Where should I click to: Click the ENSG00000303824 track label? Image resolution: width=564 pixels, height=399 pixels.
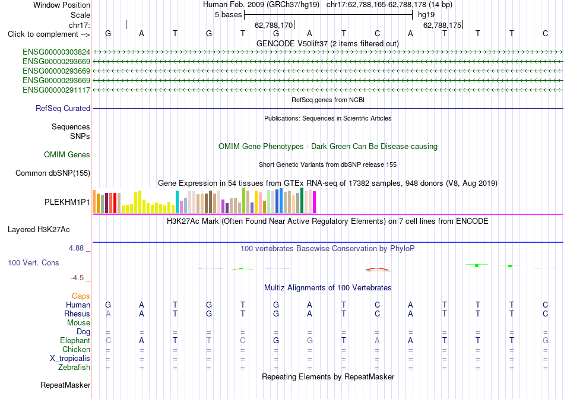click(x=56, y=52)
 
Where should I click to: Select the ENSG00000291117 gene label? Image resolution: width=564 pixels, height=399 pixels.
click(x=56, y=90)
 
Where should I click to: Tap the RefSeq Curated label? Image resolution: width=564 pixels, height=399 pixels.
click(x=63, y=108)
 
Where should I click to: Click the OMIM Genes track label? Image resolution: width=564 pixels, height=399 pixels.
click(x=67, y=155)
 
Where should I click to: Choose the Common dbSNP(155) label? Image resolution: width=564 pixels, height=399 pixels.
click(x=53, y=173)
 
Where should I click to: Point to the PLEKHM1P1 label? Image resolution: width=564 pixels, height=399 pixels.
click(x=67, y=202)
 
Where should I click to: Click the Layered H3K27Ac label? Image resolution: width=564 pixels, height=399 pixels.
click(x=39, y=230)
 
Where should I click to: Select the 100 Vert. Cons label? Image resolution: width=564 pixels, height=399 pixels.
click(x=33, y=262)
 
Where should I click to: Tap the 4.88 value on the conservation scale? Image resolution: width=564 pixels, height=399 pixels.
click(x=76, y=248)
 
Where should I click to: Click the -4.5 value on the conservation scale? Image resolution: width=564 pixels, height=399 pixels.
click(x=77, y=278)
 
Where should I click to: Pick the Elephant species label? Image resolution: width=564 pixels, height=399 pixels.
click(x=75, y=340)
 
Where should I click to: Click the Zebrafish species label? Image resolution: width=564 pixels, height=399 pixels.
click(x=74, y=368)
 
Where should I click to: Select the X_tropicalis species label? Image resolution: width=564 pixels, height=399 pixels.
click(x=70, y=359)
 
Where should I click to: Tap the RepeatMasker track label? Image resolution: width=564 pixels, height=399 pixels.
click(x=65, y=385)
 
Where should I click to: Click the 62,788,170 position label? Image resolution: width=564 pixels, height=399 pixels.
click(x=274, y=25)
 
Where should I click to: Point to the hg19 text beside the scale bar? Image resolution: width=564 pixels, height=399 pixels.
click(x=426, y=15)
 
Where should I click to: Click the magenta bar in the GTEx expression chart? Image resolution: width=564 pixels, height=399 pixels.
click(x=315, y=202)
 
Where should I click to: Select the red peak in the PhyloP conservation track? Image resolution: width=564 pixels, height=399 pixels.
click(x=377, y=268)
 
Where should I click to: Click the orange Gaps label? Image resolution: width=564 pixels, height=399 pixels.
click(x=81, y=296)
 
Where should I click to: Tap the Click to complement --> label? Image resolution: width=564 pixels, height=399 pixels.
click(x=49, y=34)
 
